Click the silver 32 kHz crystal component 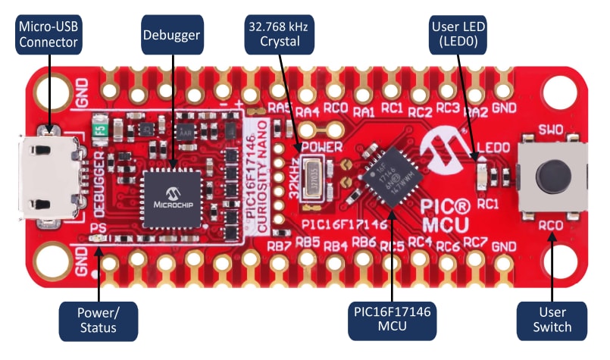click(314, 180)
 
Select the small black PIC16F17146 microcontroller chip click(386, 180)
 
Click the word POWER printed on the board click(324, 145)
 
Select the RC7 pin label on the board click(475, 244)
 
